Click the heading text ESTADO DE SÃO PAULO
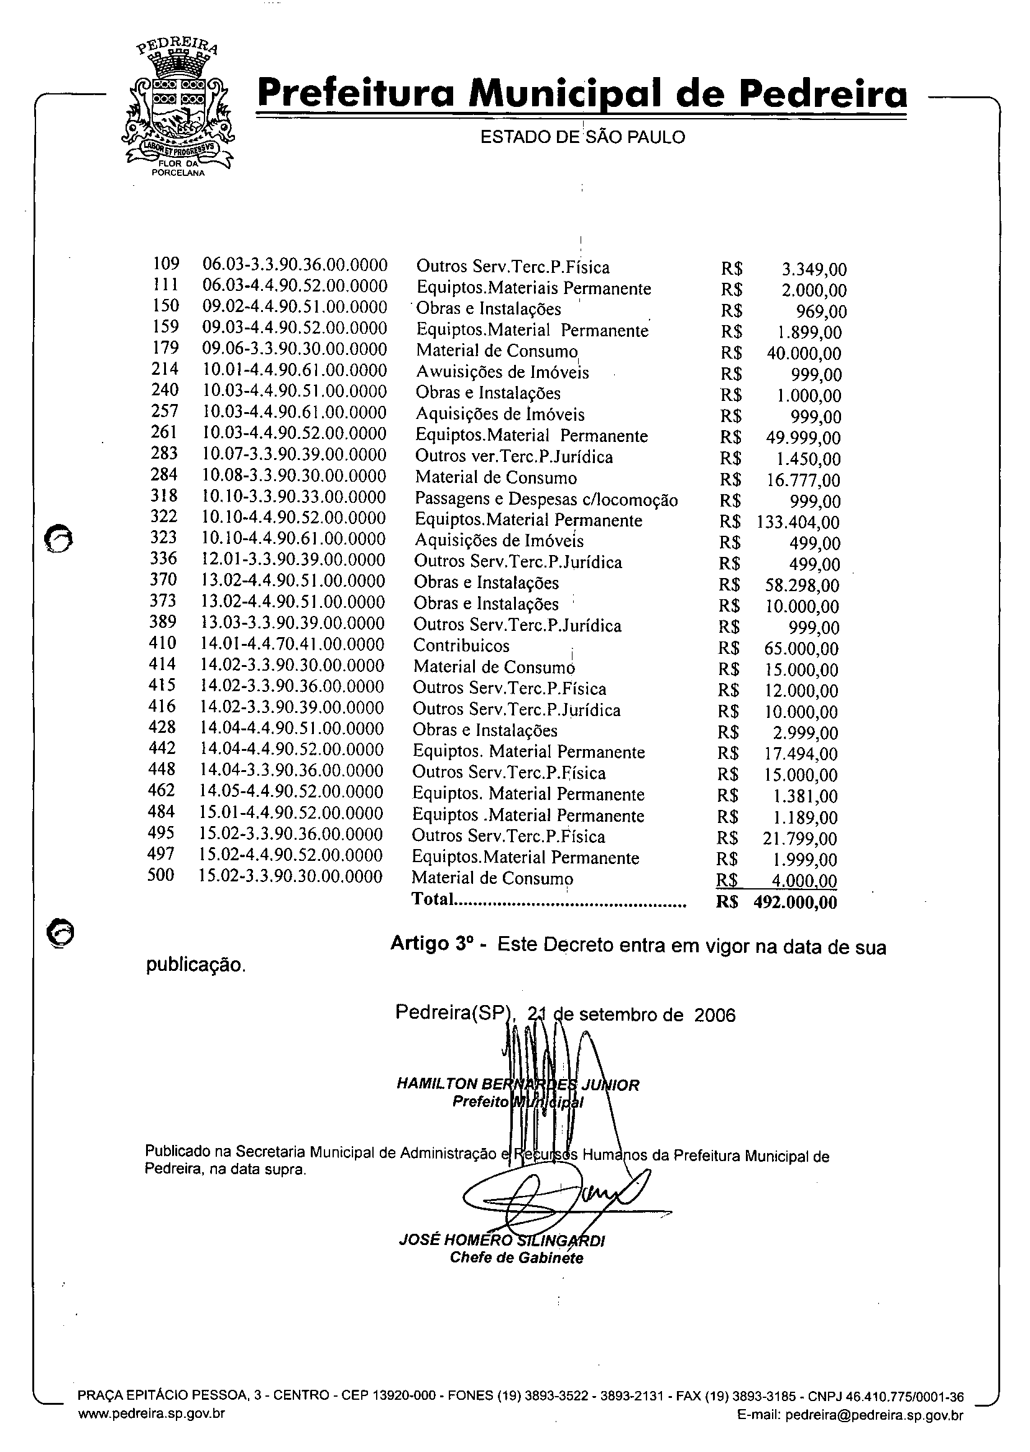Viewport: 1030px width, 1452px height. click(x=582, y=137)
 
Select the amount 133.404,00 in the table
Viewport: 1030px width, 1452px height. click(x=798, y=523)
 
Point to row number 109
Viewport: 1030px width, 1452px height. click(x=166, y=264)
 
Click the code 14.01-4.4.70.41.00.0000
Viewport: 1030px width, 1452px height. click(x=292, y=645)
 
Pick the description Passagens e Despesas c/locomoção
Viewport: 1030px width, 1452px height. click(x=546, y=500)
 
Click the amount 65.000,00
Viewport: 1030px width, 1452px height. click(x=802, y=650)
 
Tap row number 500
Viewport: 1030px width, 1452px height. click(x=160, y=876)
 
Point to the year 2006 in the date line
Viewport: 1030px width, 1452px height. click(x=715, y=1016)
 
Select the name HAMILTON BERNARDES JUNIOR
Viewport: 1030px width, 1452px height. click(x=518, y=1085)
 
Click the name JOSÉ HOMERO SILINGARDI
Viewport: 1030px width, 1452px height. click(x=502, y=1240)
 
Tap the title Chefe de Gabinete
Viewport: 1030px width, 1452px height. click(x=517, y=1257)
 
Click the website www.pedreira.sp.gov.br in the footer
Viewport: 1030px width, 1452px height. click(x=151, y=1413)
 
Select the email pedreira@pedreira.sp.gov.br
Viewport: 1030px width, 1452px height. click(x=874, y=1415)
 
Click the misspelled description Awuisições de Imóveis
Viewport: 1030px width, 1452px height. click(x=502, y=372)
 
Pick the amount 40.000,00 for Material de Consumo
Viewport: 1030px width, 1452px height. click(x=804, y=354)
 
